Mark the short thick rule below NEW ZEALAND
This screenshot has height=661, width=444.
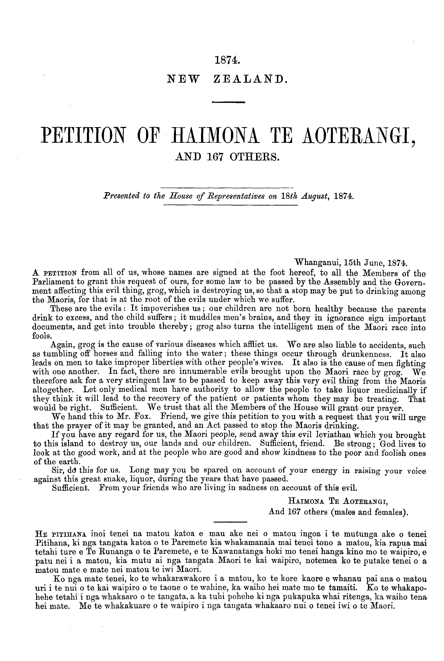click(x=228, y=102)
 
